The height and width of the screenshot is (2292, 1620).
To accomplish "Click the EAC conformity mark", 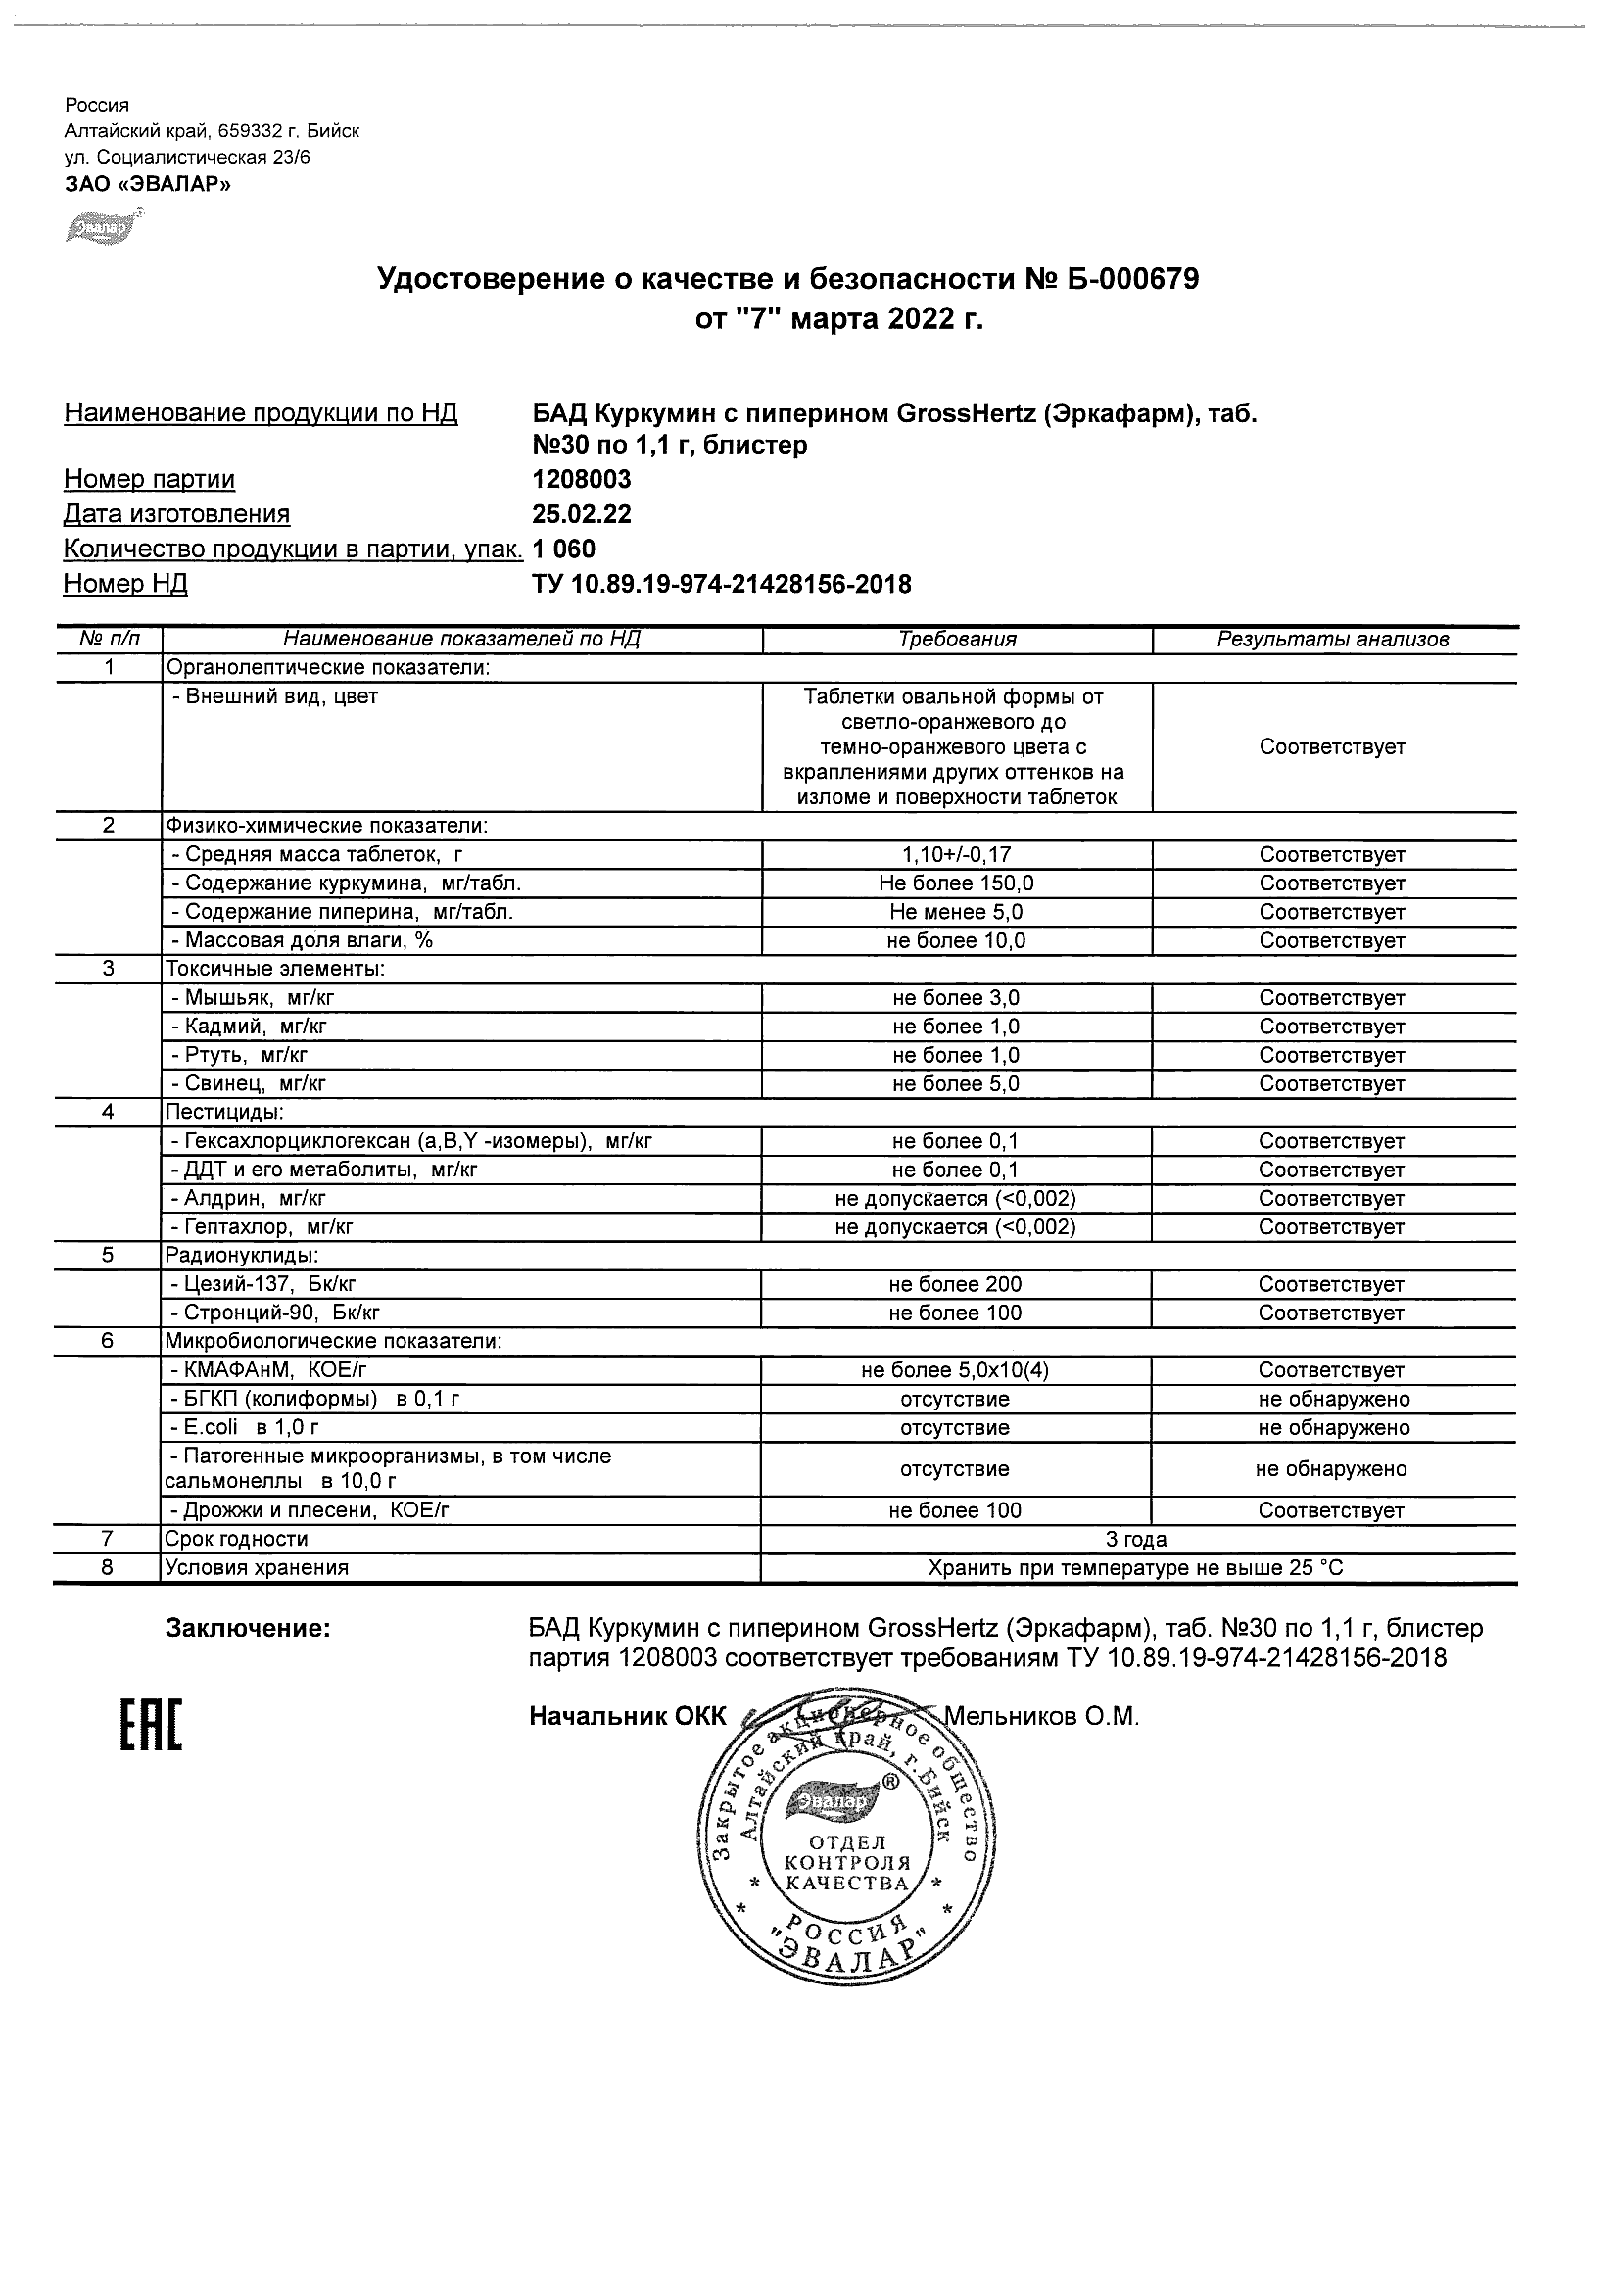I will tap(152, 1724).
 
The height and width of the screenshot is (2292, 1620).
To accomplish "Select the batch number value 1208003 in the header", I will tap(582, 479).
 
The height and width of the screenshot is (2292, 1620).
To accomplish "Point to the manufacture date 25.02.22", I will tap(582, 514).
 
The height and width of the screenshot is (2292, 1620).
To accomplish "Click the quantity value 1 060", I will tap(564, 549).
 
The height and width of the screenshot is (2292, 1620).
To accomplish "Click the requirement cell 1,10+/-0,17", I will tap(956, 854).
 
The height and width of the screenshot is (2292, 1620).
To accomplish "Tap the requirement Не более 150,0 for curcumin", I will tap(956, 883).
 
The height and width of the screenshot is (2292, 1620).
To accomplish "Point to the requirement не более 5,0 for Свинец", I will tap(956, 1084).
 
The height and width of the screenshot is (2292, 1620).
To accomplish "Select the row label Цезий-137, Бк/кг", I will tap(262, 1285).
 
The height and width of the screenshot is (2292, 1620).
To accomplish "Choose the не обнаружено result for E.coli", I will tap(1334, 1427).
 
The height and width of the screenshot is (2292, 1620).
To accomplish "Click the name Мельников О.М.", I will tap(1041, 1717).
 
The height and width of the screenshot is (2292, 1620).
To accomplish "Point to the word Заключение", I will tap(248, 1629).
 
